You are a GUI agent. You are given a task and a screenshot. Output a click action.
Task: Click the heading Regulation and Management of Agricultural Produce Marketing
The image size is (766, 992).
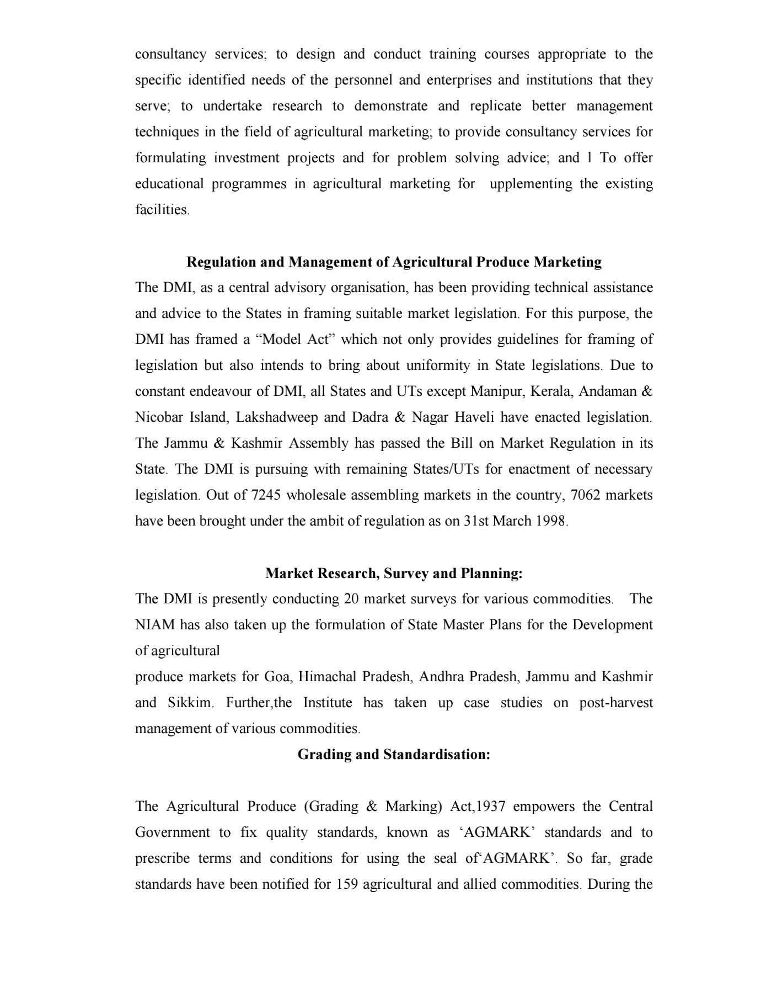(394, 262)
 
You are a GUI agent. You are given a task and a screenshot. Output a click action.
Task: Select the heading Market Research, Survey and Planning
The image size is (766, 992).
(394, 573)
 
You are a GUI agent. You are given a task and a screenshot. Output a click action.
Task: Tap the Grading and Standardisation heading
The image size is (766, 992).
(394, 754)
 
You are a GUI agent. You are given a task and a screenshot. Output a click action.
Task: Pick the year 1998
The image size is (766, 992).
(550, 521)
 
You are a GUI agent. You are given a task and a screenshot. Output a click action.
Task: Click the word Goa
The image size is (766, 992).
(277, 676)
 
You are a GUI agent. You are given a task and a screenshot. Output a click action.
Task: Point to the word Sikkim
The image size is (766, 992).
(189, 702)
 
